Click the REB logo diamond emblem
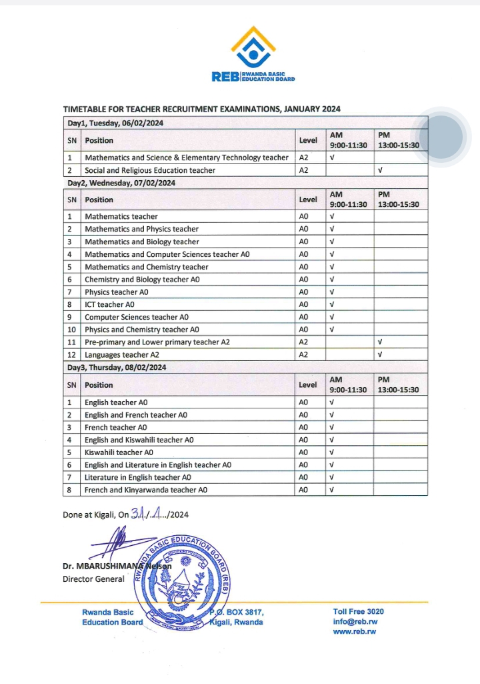253,48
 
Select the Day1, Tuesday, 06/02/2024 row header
115,123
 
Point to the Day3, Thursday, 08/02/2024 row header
116,368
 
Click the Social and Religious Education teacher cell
150,170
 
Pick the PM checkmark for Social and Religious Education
380,170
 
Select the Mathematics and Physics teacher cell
141,229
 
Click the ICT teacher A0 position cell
109,304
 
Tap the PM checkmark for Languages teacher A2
380,355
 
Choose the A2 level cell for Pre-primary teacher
303,342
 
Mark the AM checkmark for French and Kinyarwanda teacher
331,490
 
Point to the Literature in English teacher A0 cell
138,477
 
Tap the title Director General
93,579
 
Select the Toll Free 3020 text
358,611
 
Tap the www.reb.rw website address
354,631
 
